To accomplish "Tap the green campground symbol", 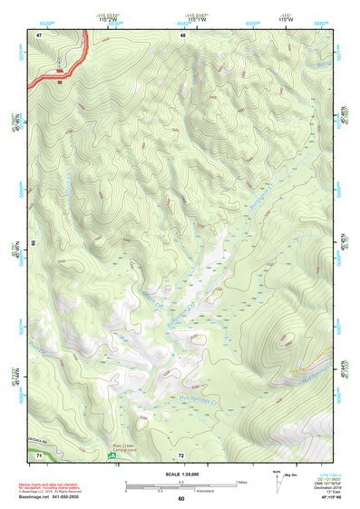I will click(112, 455).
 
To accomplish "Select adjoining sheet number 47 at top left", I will click(40, 34).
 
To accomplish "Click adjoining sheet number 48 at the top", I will click(182, 34).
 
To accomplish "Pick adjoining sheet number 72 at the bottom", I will click(181, 455).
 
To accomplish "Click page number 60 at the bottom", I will click(181, 499).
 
